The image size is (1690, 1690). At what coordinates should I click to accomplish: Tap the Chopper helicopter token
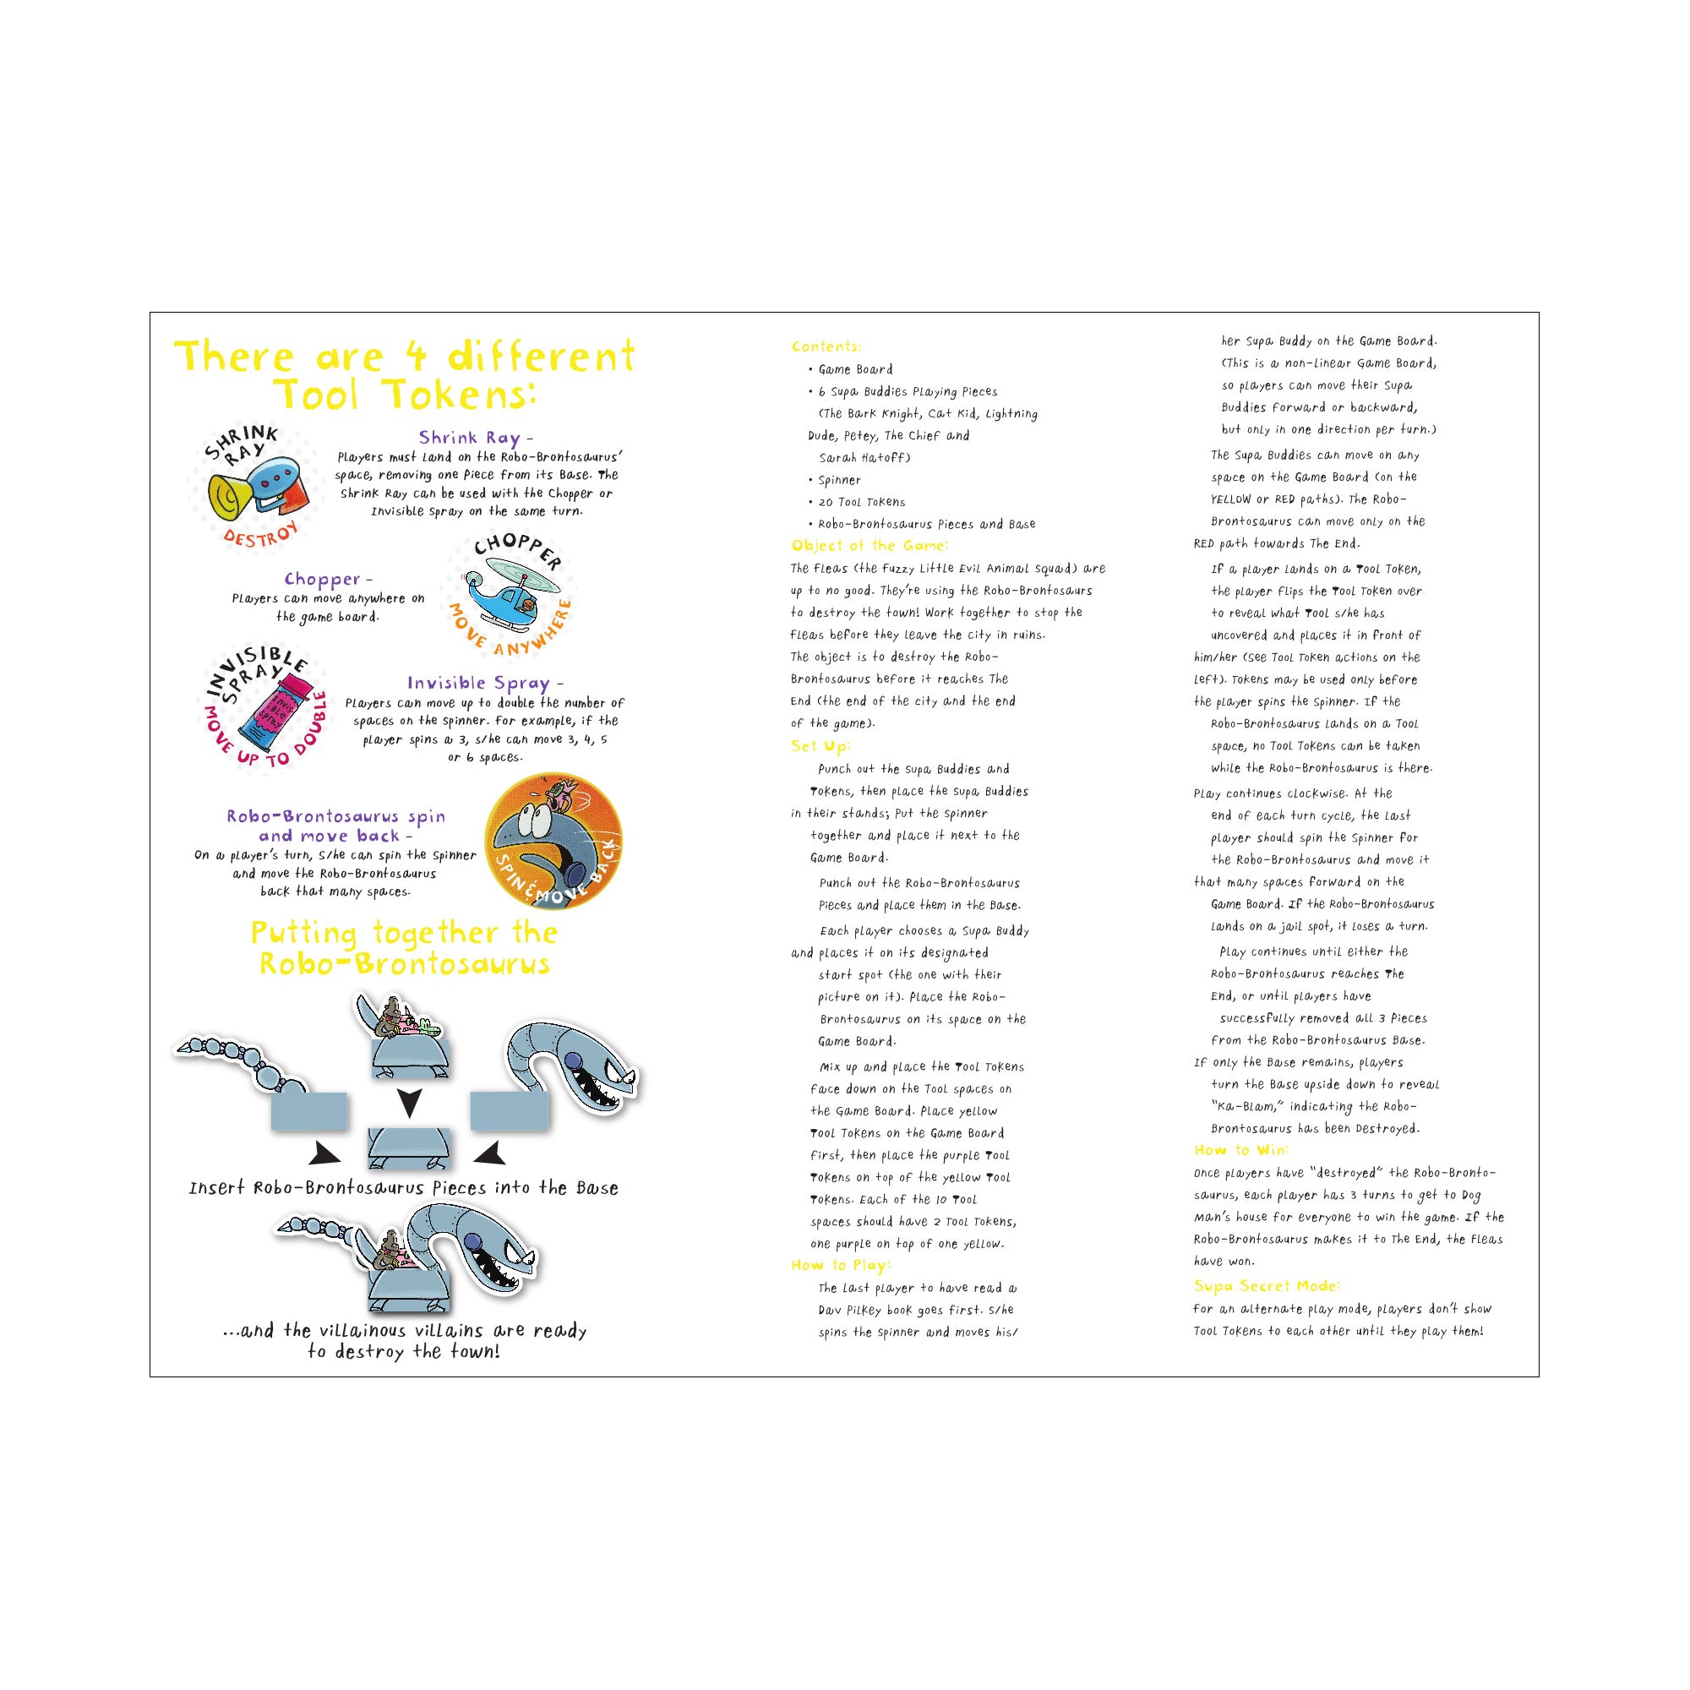coord(510,595)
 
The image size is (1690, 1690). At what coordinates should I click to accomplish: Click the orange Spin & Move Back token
coord(553,841)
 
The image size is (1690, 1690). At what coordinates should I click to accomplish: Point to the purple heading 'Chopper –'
coord(328,579)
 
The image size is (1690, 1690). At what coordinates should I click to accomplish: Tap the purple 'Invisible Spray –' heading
coord(484,683)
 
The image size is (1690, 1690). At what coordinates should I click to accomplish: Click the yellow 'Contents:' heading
coord(826,346)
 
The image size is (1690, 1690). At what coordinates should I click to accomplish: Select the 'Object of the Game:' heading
coord(870,546)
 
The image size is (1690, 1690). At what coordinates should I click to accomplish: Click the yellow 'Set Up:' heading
coord(820,746)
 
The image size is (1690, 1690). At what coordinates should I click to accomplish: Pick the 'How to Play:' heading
coord(841,1265)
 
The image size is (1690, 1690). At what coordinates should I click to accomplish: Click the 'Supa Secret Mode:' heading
coord(1267,1286)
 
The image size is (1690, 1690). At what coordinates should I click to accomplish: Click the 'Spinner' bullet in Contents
coord(839,480)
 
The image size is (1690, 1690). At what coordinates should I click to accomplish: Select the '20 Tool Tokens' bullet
coord(861,502)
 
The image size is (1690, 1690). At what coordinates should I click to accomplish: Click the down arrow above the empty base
coord(408,1102)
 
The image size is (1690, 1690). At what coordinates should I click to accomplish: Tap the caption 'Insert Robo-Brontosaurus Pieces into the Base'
coord(403,1188)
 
